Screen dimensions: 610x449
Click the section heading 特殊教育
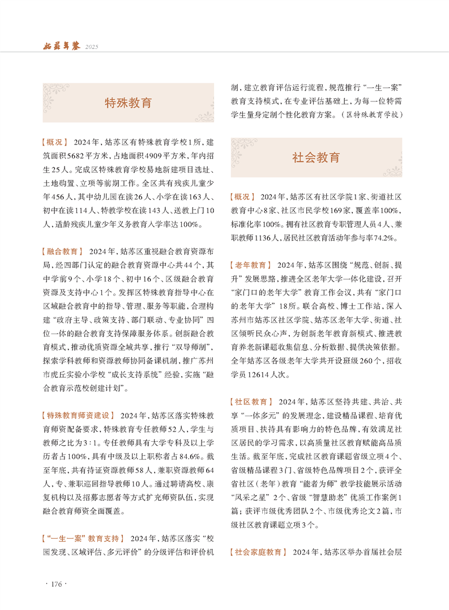129,103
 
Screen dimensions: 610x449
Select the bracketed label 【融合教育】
62,251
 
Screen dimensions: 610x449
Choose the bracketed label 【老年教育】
251,265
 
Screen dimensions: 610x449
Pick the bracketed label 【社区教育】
251,402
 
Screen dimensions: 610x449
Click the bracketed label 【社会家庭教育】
259,552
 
